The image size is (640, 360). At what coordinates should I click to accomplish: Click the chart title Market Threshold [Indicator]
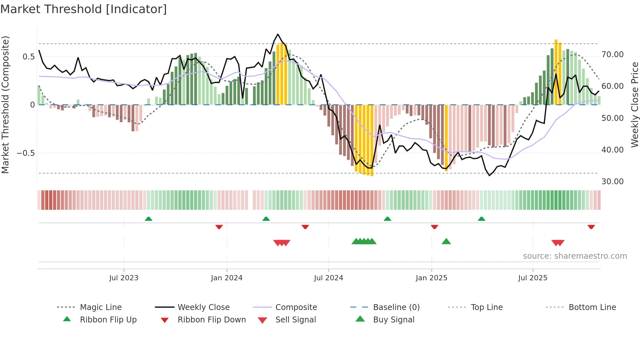point(84,9)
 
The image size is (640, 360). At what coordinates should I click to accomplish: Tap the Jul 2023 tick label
point(124,278)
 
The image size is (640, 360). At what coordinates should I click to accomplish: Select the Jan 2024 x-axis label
point(227,278)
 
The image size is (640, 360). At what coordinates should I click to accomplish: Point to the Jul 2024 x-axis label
point(328,278)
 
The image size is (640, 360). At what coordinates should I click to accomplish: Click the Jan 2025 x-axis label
point(431,278)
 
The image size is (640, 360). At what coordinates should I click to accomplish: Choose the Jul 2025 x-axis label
point(533,278)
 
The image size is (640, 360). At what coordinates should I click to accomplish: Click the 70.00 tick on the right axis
point(612,55)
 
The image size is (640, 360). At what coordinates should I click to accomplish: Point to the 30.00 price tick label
point(612,182)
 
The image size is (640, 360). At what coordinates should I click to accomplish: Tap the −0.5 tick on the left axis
point(26,153)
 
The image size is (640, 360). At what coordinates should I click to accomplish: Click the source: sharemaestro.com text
point(575,256)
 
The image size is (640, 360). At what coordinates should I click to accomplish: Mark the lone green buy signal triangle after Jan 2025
point(446,241)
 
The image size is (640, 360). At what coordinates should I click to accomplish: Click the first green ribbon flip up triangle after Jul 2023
point(149,219)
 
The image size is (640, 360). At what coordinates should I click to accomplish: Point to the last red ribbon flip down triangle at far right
point(591,227)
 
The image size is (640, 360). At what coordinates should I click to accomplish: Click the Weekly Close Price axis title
point(634,105)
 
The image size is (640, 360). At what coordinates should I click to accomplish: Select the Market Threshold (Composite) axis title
point(5,105)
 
